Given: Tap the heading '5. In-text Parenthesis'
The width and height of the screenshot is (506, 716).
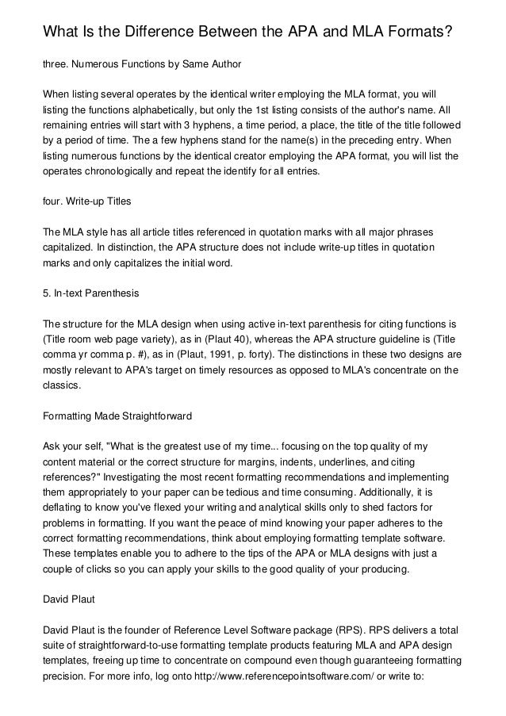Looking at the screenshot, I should click(x=91, y=293).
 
